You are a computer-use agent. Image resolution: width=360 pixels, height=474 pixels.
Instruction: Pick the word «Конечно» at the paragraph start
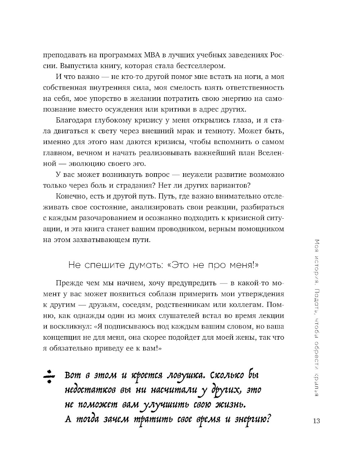pos(69,196)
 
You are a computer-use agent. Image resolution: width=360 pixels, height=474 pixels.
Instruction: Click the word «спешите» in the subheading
pos(107,265)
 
